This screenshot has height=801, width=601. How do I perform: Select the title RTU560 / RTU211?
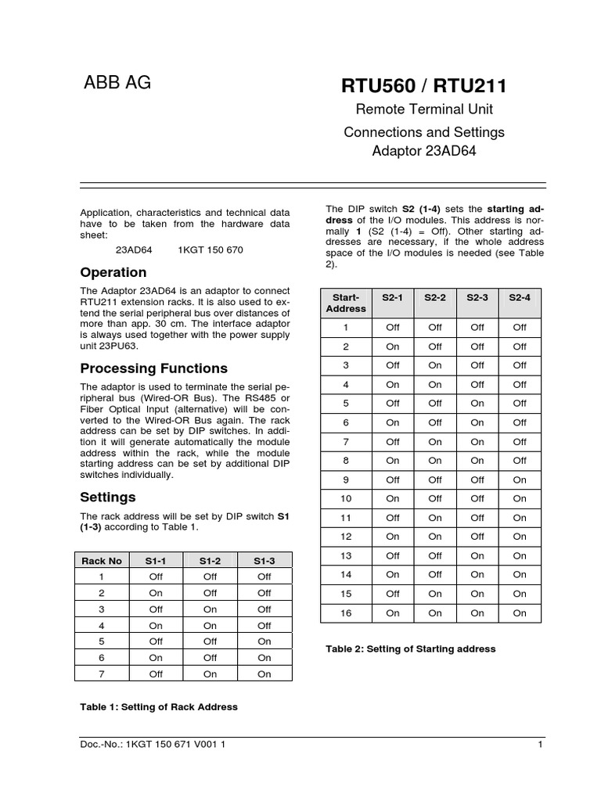coord(424,85)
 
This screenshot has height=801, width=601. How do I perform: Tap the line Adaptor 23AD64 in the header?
coord(424,151)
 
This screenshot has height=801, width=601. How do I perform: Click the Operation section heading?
coord(113,272)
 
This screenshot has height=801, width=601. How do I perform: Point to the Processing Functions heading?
coord(154,368)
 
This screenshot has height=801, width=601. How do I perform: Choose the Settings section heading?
coord(108,497)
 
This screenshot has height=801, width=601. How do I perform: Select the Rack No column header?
coord(103,560)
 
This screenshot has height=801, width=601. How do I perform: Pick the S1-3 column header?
coord(265,560)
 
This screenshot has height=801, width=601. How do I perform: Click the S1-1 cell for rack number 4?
coord(156,626)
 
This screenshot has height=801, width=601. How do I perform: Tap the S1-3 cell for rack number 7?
coord(265,673)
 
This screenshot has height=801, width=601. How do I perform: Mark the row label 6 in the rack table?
coord(103,658)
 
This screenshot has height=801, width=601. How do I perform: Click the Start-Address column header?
coord(346,303)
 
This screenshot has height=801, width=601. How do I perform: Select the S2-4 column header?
coord(520,298)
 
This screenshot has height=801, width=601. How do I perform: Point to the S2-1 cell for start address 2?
coord(393,347)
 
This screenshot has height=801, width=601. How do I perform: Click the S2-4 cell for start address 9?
coord(520,480)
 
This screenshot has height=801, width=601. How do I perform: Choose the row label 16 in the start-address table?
coord(346,613)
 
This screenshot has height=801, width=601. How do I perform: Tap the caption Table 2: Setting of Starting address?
coord(410,649)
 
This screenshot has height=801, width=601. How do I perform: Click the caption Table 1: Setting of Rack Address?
coord(159,706)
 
